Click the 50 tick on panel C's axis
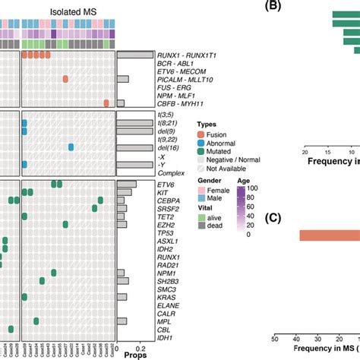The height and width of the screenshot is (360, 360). pyautogui.click(x=275, y=339)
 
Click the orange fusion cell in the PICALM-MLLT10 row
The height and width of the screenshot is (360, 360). pyautogui.click(x=65, y=79)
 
